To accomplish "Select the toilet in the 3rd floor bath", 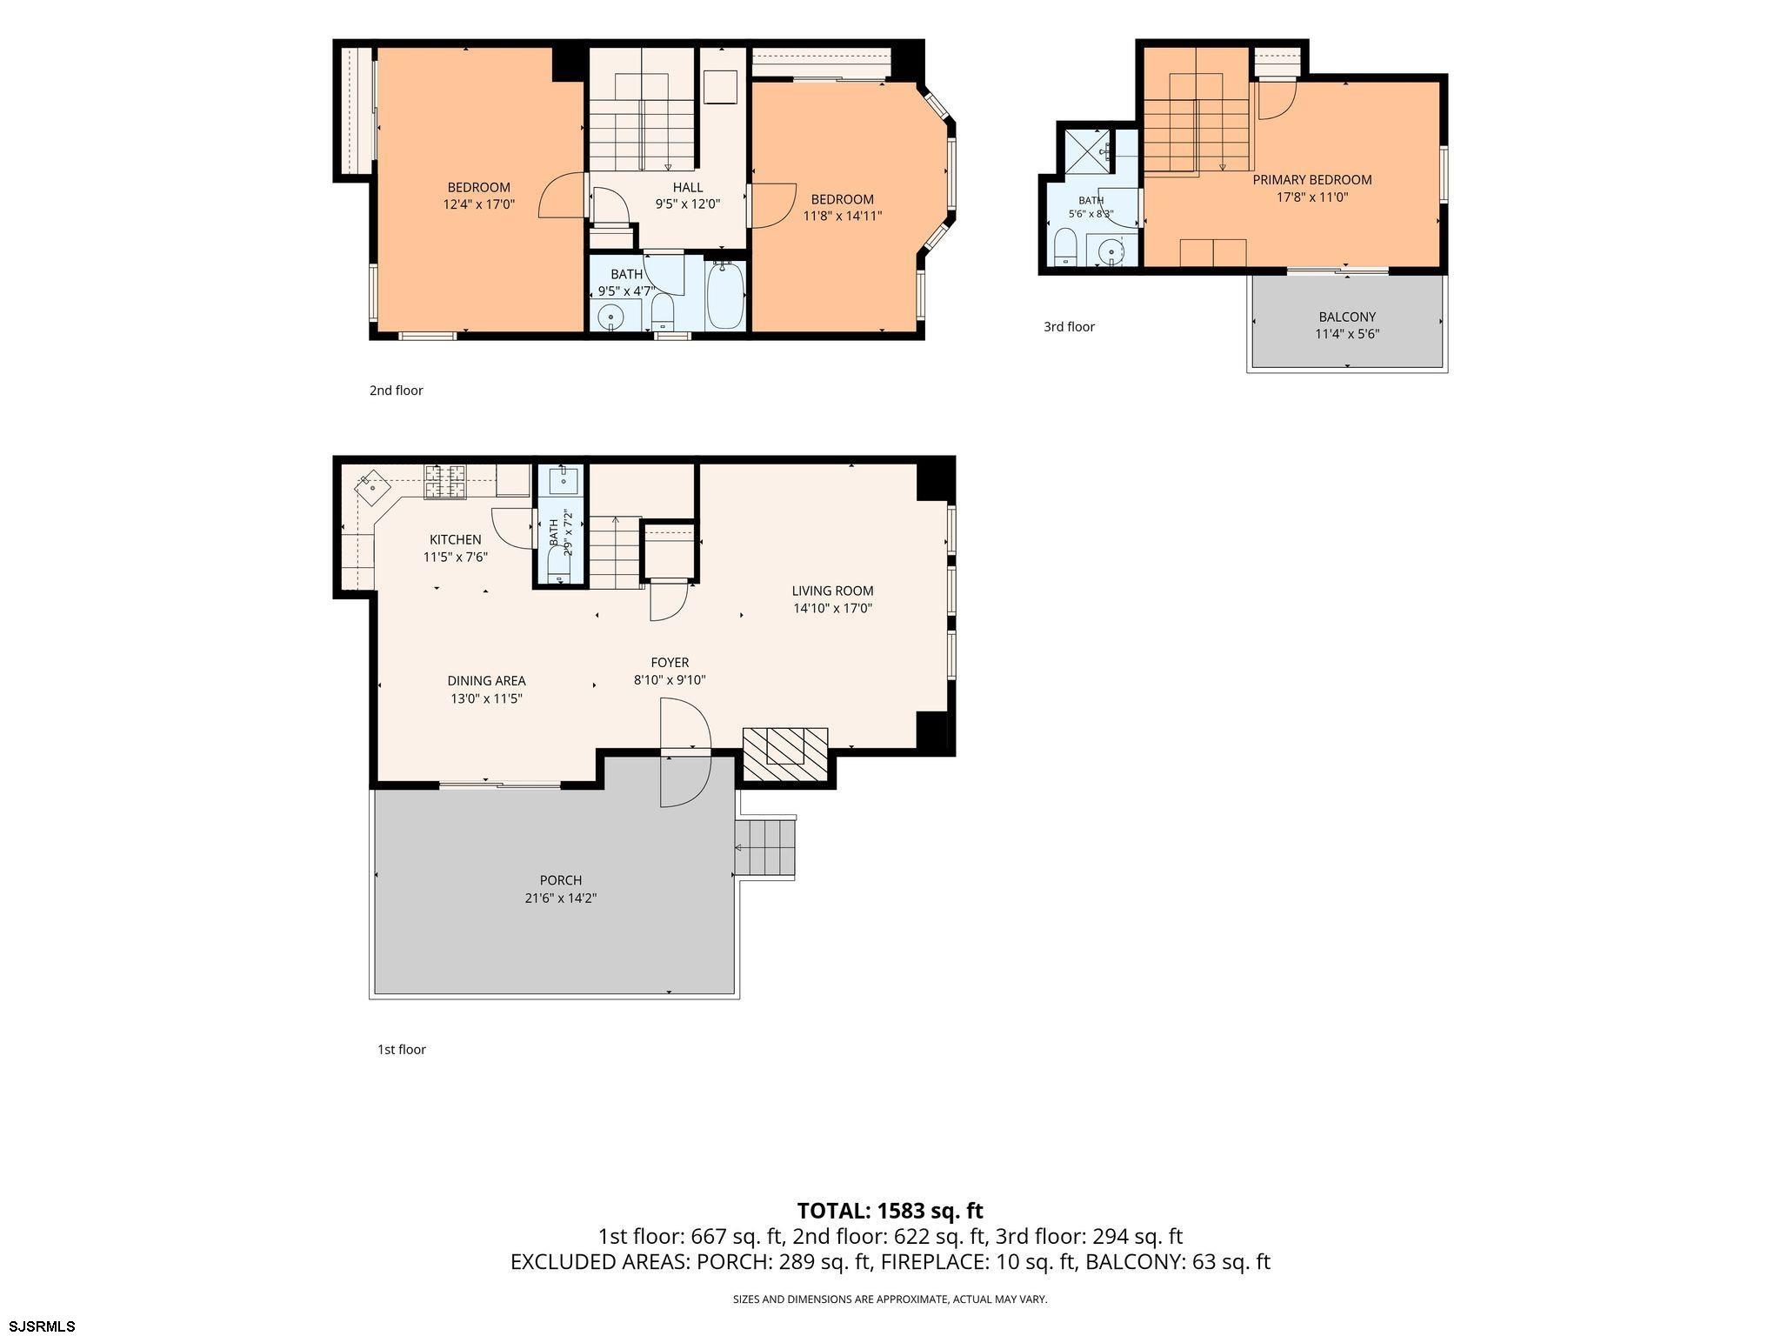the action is point(1065,247).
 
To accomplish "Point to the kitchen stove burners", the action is point(445,482).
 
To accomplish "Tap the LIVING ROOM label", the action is point(832,591).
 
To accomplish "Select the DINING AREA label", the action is point(486,681).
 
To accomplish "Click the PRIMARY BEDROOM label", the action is point(1312,180).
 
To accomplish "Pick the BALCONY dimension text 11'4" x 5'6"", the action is point(1347,334).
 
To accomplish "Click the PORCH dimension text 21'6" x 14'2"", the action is point(560,898).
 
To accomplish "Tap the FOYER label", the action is point(670,663).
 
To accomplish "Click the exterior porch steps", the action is point(765,848).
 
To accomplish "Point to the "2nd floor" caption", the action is point(396,391).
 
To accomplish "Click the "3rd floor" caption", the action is point(1069,327).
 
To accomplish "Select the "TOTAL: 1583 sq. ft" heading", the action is point(890,1211).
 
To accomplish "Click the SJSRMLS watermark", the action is point(38,1326).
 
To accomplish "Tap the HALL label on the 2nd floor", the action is point(687,187).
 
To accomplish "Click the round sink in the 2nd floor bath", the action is point(611,317).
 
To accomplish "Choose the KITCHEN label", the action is point(455,540).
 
